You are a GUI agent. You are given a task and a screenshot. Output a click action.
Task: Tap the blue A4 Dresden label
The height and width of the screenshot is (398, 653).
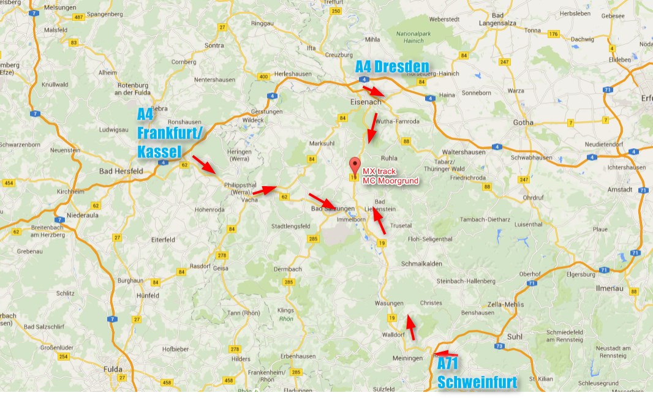point(392,67)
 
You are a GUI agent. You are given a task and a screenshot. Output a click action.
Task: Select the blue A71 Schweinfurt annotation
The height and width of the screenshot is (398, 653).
point(477,374)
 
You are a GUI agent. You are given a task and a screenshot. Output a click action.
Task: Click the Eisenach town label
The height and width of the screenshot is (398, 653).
point(364,102)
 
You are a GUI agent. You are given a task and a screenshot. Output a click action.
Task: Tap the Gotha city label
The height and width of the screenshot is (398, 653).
point(523,122)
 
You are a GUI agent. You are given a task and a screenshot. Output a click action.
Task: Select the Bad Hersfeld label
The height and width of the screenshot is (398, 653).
point(121,171)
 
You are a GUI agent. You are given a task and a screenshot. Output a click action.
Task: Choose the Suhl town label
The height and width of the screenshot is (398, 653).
point(515,337)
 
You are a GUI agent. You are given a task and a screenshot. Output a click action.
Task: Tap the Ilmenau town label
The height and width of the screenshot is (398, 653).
point(610,287)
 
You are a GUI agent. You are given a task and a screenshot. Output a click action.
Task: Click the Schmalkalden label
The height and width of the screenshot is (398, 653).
point(421,263)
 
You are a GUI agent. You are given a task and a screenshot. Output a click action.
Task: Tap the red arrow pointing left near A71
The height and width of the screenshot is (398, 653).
point(445,353)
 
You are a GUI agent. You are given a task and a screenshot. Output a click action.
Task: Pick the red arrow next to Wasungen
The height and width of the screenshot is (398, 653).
point(412,328)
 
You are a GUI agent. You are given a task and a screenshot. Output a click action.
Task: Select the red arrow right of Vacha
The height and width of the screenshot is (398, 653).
point(264,190)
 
